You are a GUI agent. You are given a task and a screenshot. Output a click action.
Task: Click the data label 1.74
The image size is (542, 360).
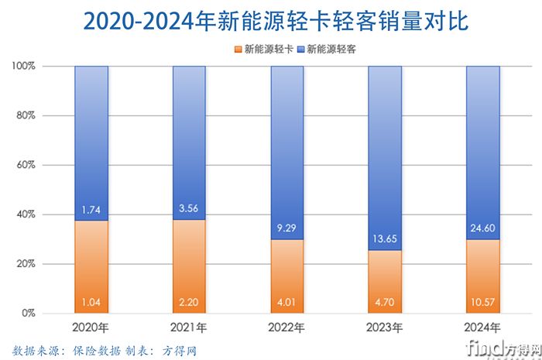click(x=91, y=210)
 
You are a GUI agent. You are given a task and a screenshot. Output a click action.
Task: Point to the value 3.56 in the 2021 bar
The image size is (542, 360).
click(x=189, y=208)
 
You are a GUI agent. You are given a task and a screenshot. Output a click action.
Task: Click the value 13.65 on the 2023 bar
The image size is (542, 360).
click(x=385, y=238)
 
